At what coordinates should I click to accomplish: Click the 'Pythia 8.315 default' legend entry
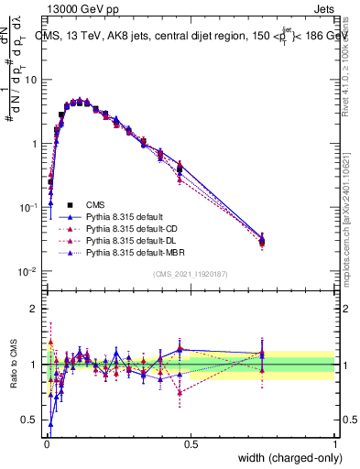coord(126,216)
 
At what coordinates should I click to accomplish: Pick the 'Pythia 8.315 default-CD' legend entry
coord(134,228)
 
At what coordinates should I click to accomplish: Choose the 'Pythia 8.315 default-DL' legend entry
coord(134,240)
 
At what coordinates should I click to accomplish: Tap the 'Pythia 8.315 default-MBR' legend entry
coord(137,252)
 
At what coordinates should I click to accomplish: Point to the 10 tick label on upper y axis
coord(29,80)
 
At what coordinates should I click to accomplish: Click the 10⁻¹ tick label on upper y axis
coord(27,208)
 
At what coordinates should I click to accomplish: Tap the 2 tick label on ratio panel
coord(34,310)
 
